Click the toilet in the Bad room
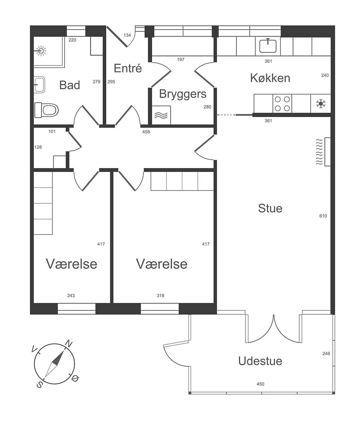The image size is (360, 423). point(46,110)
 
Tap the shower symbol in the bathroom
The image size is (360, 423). point(41,50)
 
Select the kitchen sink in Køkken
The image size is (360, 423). point(268,45)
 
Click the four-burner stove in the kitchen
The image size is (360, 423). point(282,104)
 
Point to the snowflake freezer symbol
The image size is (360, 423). point(321,104)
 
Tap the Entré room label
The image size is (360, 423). point(128,68)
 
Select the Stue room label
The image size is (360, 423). point(270,208)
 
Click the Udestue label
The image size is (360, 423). point(260,361)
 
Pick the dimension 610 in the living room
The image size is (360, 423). point(323,216)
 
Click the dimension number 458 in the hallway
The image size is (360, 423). point(146,132)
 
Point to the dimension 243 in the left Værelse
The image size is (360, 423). point(71,296)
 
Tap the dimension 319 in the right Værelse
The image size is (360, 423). point(160,296)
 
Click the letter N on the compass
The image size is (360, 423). point(69,344)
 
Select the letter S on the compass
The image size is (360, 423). point(39,385)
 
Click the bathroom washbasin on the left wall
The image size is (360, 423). point(39,85)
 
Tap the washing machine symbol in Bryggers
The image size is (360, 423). point(161,115)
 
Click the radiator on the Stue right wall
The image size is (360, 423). point(324,152)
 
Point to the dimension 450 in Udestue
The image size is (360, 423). point(260,384)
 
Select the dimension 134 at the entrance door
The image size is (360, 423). point(127,35)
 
